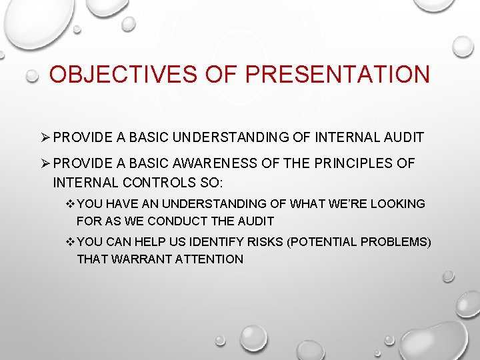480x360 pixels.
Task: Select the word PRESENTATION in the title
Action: [337, 74]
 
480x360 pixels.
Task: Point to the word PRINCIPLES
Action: [354, 163]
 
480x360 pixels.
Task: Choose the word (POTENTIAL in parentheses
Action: [319, 242]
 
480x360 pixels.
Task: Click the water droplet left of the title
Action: [32, 77]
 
